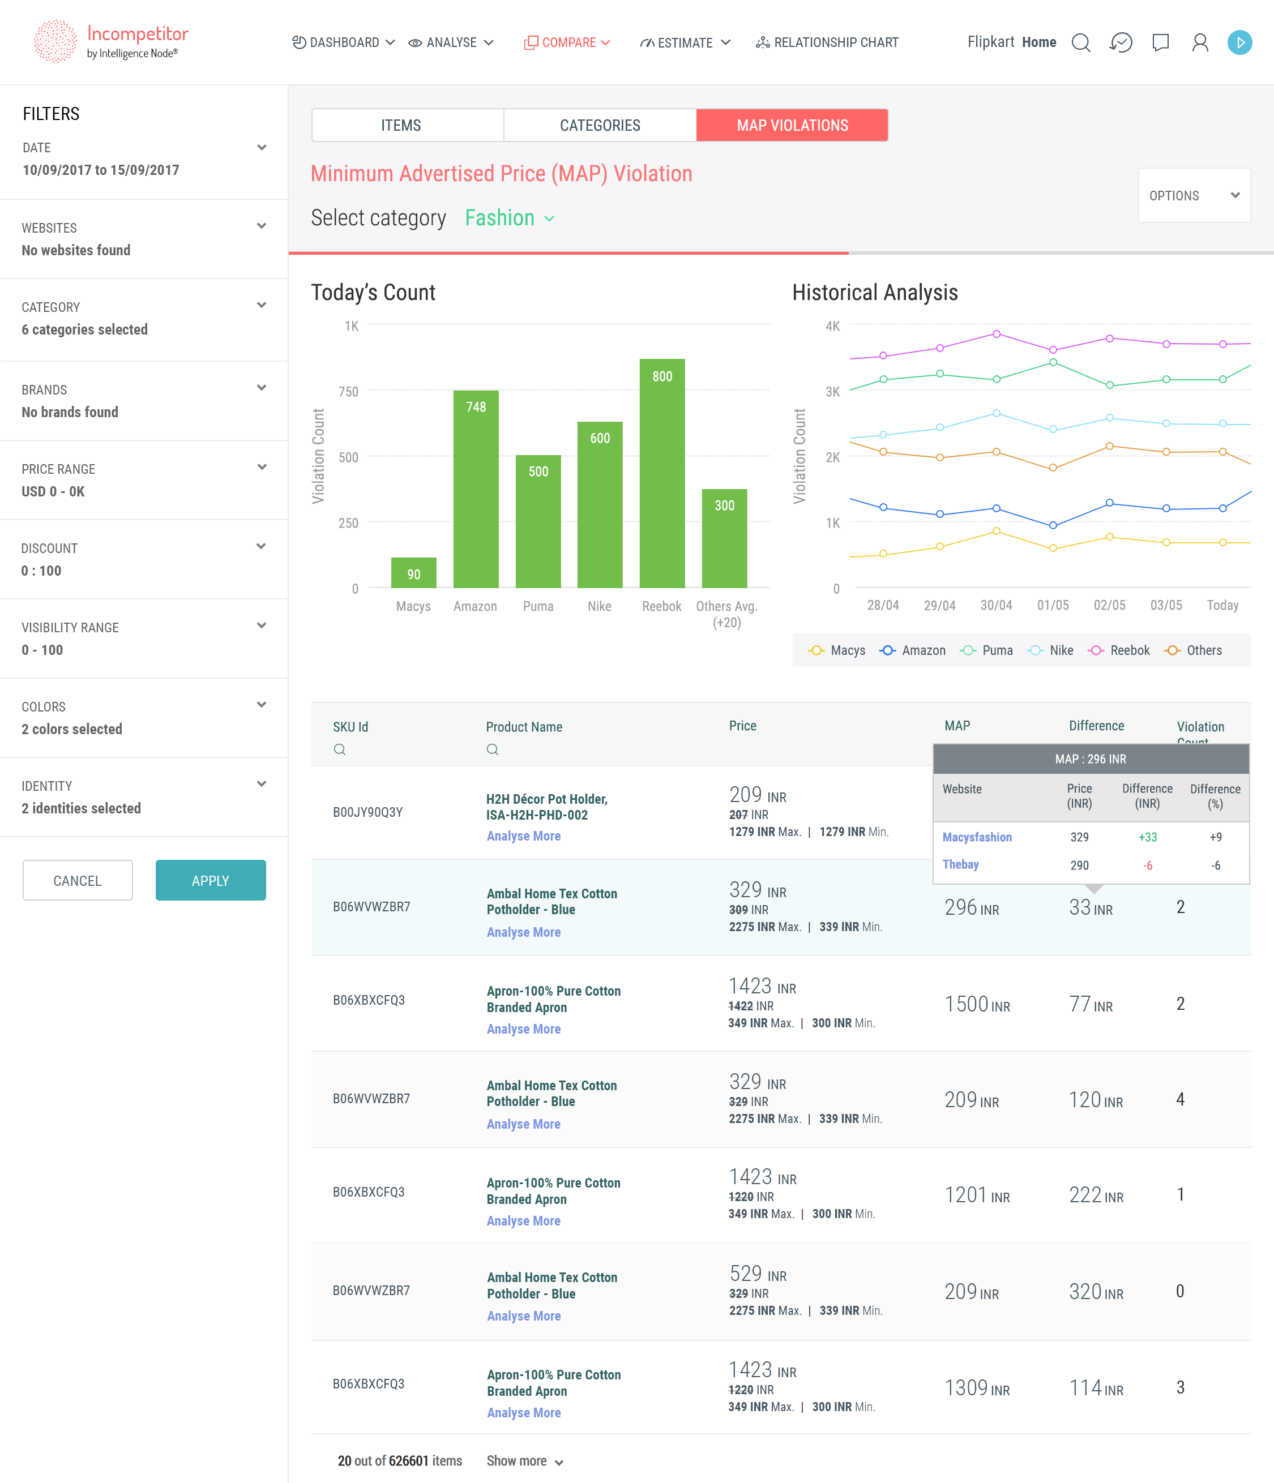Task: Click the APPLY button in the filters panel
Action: pos(210,880)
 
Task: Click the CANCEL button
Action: pos(78,880)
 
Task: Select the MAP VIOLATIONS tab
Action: pos(792,125)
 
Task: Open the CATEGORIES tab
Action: pos(600,125)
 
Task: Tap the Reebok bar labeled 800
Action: pos(662,473)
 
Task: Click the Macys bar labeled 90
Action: pos(413,573)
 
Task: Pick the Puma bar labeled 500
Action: pos(538,521)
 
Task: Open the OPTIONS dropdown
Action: pos(1193,195)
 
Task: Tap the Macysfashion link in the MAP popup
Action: pos(976,837)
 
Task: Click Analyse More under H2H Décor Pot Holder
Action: pos(524,836)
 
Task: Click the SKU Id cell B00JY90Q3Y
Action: pos(367,812)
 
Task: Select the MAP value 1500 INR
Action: pos(977,1005)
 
